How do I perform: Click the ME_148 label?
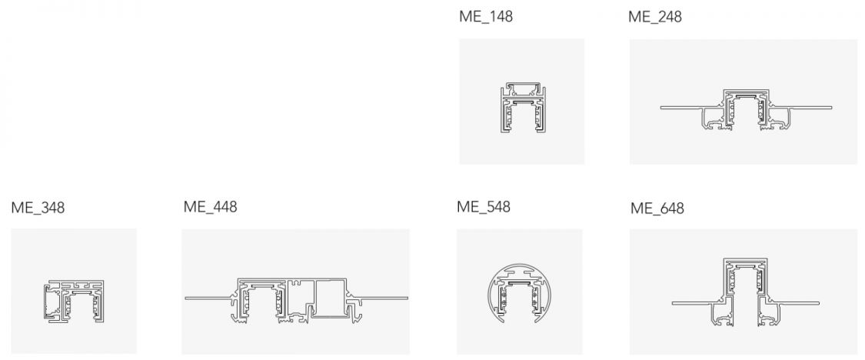[485, 17]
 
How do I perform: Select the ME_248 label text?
[655, 17]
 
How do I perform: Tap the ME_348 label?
[38, 208]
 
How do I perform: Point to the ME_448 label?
[210, 207]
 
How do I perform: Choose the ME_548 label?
[484, 207]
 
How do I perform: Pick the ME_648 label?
[657, 208]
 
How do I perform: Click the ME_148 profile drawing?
[522, 108]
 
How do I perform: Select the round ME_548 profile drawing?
[519, 292]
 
